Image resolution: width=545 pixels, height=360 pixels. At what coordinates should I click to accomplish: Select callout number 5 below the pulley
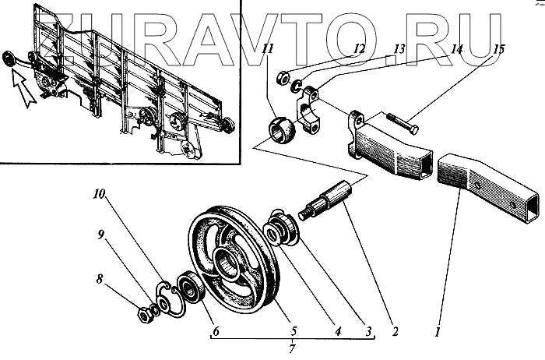[x=295, y=330]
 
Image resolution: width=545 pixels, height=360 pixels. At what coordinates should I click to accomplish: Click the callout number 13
[x=399, y=49]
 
